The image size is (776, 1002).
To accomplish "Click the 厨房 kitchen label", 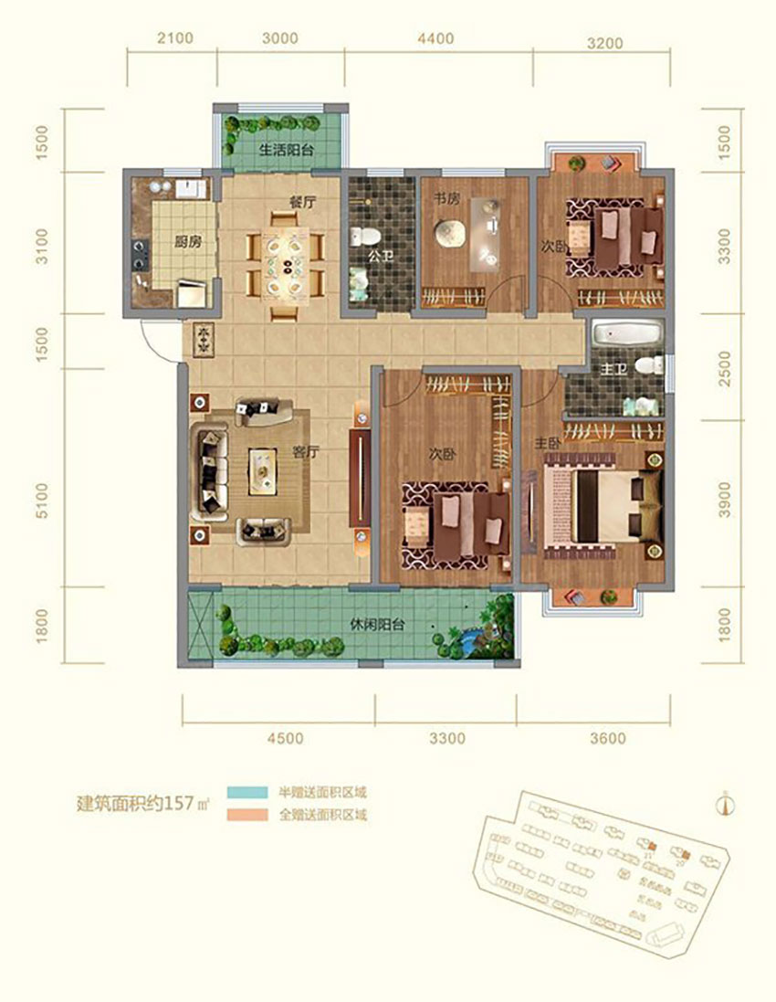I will coord(188,243).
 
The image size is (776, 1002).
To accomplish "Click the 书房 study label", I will coord(446,197).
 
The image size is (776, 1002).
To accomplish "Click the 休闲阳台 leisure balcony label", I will coord(377,626).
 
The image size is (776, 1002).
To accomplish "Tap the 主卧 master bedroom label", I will coord(546,441).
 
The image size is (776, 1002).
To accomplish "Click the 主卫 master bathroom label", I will coord(614,368).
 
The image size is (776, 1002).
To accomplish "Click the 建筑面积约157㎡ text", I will coord(141,804).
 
